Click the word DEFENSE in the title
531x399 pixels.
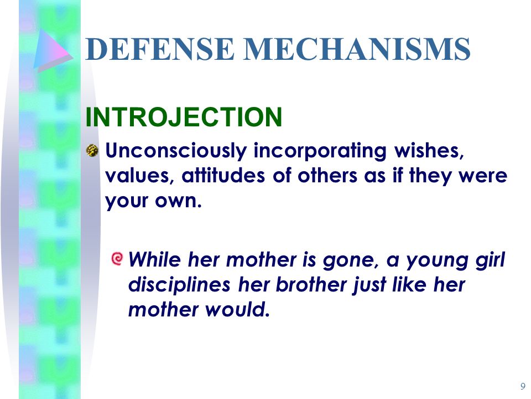[160, 49]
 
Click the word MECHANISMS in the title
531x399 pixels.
[357, 49]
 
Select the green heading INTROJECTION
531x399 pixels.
[184, 117]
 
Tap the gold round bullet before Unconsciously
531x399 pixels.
[92, 150]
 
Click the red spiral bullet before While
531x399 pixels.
[117, 259]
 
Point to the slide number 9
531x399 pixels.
[523, 386]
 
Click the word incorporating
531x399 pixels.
[320, 151]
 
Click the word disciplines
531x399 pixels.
[179, 285]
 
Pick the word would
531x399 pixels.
[237, 309]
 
